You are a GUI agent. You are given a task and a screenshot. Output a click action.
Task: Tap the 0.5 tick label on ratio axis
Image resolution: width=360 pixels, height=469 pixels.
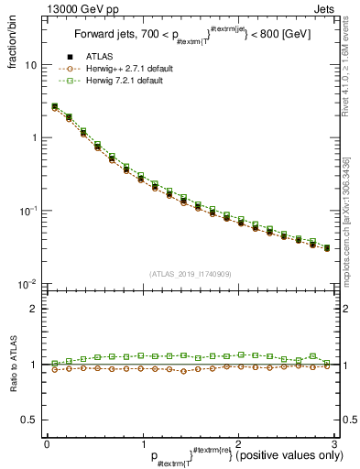(x=29, y=420)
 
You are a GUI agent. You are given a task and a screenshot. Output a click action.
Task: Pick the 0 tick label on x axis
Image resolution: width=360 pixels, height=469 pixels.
(x=46, y=444)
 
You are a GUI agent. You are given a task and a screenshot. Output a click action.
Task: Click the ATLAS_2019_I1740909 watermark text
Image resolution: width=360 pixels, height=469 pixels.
(x=190, y=274)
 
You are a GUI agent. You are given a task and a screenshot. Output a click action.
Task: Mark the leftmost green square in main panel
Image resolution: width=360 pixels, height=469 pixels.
(x=54, y=106)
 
